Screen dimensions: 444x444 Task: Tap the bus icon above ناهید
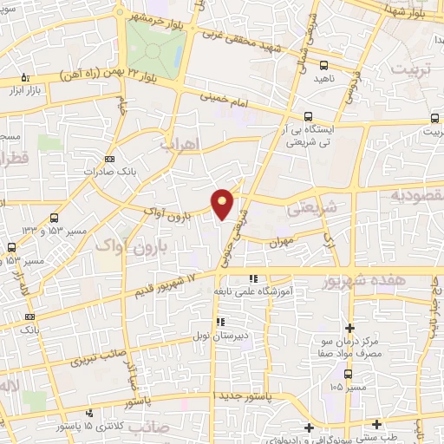tap(323, 65)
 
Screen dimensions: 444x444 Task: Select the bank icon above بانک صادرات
tap(109, 159)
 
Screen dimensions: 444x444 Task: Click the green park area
tap(153, 47)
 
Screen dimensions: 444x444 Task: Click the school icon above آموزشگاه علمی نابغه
tap(253, 278)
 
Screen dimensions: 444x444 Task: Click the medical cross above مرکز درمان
tap(349, 328)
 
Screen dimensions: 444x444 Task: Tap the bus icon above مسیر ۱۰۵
tap(347, 374)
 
